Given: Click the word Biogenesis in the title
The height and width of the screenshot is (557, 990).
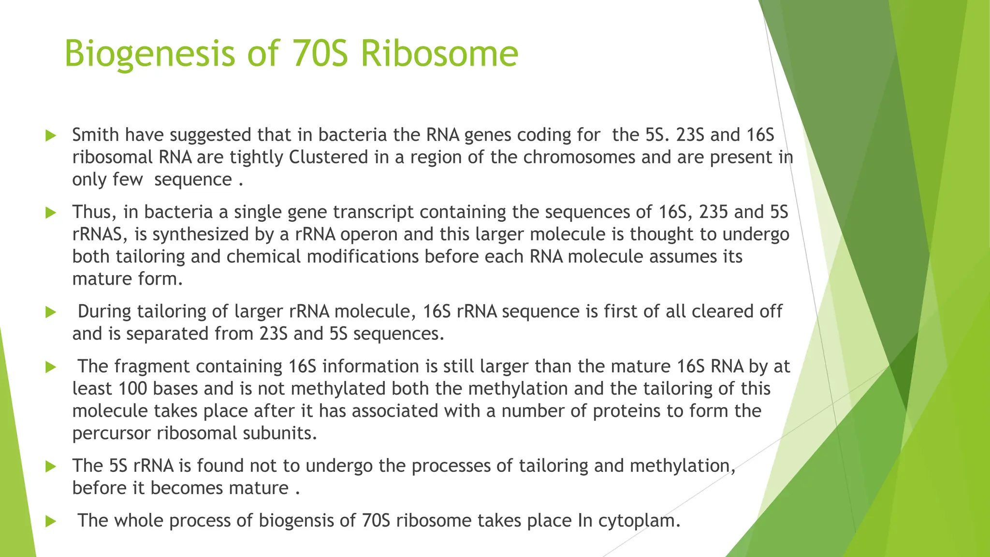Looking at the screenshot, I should pos(149,54).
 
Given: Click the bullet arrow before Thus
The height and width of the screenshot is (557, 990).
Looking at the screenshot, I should pos(51,212).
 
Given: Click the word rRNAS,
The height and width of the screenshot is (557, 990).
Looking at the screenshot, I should pos(100,234).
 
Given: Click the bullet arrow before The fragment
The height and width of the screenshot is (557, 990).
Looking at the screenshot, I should pos(51,367).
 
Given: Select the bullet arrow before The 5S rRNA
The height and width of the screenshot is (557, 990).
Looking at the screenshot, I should pos(51,467).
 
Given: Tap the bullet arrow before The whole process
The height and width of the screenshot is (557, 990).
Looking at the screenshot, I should pos(51,521).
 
